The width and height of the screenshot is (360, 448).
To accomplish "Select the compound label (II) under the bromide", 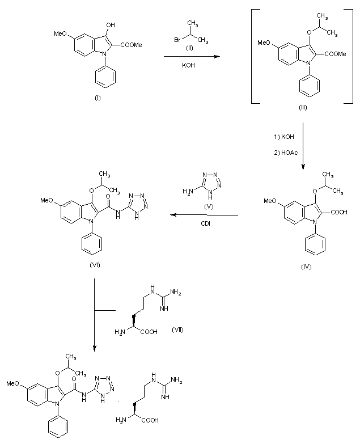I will tap(192, 48).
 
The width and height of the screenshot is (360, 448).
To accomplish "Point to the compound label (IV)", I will tap(306, 265).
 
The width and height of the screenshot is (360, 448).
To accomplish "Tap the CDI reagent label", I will tap(206, 223).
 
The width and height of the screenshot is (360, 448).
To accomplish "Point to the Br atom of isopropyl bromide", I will tap(177, 39).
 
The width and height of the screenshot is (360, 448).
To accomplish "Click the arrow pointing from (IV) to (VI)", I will tap(205, 215).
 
